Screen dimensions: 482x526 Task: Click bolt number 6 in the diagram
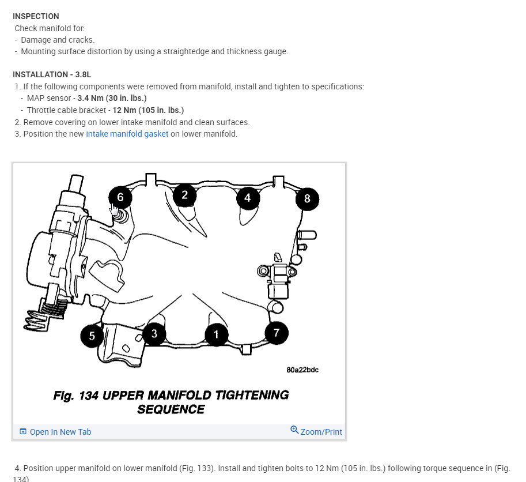click(x=120, y=197)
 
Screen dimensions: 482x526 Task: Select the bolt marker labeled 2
click(x=184, y=195)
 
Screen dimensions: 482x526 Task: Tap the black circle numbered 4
click(x=248, y=198)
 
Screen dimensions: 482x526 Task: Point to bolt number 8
click(x=307, y=199)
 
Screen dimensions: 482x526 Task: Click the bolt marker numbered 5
click(x=92, y=335)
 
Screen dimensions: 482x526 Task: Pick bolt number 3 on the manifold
click(x=154, y=333)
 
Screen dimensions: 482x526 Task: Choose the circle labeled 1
click(x=216, y=334)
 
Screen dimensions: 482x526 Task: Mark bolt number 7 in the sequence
click(x=277, y=333)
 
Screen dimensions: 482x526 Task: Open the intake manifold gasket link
click(x=127, y=134)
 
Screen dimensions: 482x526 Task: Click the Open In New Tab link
click(x=60, y=432)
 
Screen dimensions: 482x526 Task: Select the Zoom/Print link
click(x=321, y=432)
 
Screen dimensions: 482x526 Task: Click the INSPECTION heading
click(x=36, y=16)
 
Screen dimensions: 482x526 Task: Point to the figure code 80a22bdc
click(x=302, y=370)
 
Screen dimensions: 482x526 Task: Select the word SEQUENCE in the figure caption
click(x=171, y=409)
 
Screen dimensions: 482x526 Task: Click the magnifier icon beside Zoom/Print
click(x=294, y=430)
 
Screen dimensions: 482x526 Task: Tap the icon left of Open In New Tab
click(x=23, y=432)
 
